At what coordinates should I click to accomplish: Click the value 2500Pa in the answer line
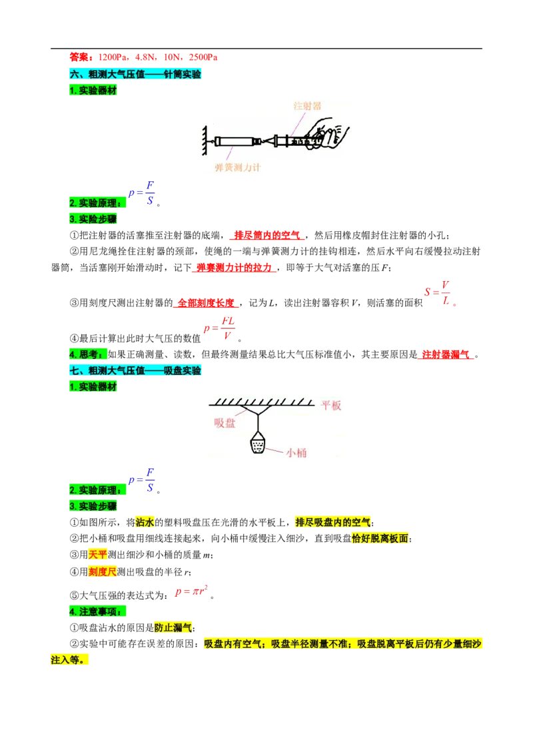click(203, 57)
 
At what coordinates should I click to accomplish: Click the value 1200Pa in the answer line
click(113, 57)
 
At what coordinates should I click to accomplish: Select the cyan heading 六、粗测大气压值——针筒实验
click(135, 74)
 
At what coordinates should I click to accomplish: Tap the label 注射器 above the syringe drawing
click(307, 106)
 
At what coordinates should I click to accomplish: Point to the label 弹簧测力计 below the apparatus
click(238, 167)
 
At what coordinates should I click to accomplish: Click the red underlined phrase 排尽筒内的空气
click(267, 235)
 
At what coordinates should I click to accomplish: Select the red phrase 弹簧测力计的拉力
click(235, 267)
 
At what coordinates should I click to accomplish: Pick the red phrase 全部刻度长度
click(206, 303)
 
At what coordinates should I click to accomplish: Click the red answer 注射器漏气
click(446, 355)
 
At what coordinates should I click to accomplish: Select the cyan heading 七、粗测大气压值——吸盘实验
click(135, 370)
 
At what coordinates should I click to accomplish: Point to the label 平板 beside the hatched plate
click(331, 406)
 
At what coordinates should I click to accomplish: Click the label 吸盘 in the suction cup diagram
click(224, 423)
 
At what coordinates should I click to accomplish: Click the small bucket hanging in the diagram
click(259, 443)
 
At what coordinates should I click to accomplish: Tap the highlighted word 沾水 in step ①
click(145, 522)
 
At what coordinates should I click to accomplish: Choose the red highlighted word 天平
click(98, 554)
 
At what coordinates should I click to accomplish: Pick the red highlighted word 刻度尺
click(103, 571)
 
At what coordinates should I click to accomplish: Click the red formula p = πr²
click(191, 591)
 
